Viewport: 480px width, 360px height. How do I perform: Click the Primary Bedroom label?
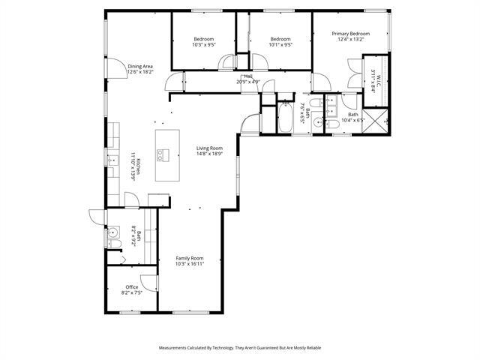point(351,34)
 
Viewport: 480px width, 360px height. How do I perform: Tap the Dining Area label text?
point(140,67)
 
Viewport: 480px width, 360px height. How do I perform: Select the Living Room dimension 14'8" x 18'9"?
point(209,154)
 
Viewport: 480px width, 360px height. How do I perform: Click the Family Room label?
point(190,258)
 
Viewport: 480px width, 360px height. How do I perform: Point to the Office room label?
point(132,287)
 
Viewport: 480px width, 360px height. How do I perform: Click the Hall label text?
point(247,76)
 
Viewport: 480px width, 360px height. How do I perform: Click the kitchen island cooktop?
point(163,154)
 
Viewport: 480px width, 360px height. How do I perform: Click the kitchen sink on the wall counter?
point(112,160)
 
